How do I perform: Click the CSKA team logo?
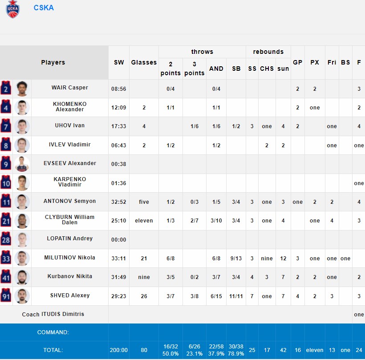(x=13, y=9)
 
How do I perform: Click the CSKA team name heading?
(x=44, y=8)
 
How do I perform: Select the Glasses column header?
(x=144, y=63)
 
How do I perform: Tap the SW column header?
(x=119, y=63)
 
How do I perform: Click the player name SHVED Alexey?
(x=70, y=295)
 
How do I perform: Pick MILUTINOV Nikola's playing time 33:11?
(x=119, y=258)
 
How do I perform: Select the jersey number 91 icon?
(x=6, y=296)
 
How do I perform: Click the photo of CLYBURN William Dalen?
(x=22, y=221)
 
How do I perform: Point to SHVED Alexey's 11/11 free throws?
(x=236, y=295)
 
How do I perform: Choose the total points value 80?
(x=144, y=350)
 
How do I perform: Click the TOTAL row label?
(x=53, y=350)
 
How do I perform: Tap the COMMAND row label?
(x=53, y=332)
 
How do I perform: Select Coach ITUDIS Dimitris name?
(x=53, y=314)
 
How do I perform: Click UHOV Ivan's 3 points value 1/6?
(x=194, y=126)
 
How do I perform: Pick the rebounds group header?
(x=268, y=52)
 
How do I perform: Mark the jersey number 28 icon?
(x=6, y=239)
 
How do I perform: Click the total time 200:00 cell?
(x=119, y=350)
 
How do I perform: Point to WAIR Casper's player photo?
(x=22, y=89)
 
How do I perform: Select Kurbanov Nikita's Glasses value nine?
(x=144, y=277)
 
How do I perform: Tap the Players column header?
(x=53, y=63)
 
